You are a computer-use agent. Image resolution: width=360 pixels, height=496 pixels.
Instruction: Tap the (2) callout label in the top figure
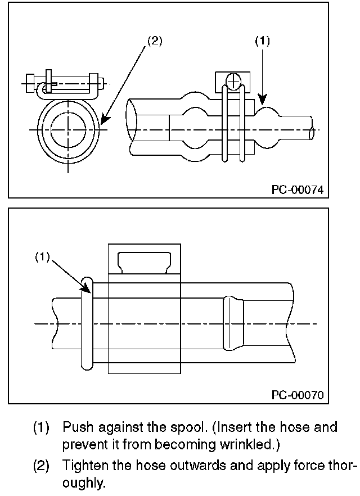155,41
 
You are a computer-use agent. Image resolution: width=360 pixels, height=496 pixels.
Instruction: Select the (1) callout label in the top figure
262,41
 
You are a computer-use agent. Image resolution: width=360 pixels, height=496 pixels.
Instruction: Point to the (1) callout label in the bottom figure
43,256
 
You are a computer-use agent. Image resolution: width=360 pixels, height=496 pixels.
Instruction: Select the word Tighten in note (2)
82,466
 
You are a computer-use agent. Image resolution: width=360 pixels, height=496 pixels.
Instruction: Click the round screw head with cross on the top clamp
233,82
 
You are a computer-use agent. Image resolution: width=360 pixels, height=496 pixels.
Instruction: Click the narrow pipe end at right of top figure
312,129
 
